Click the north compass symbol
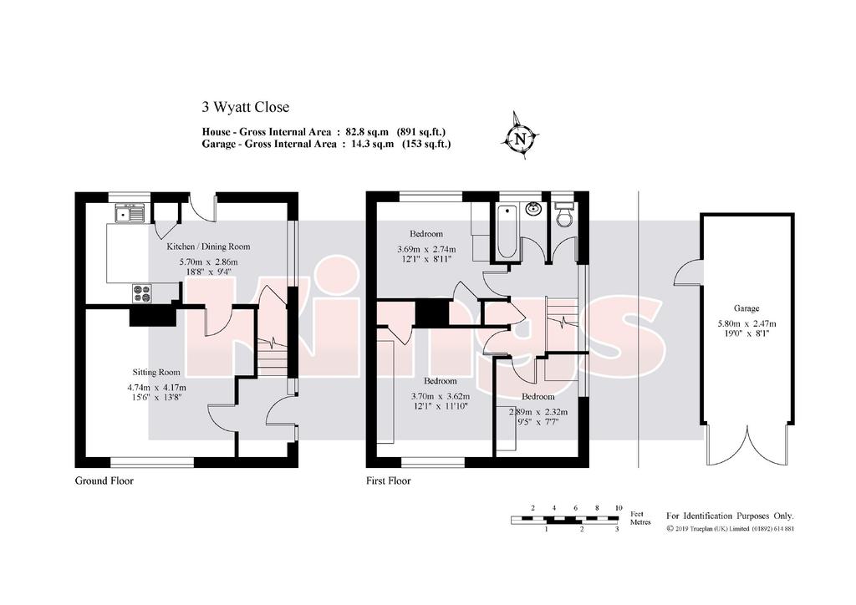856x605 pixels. [x=522, y=137]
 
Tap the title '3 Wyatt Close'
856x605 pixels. [x=245, y=107]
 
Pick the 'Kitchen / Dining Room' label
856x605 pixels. [x=208, y=247]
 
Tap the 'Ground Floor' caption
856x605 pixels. [x=104, y=480]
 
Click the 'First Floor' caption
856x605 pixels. [x=388, y=480]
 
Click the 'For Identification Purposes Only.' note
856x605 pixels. [x=730, y=516]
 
